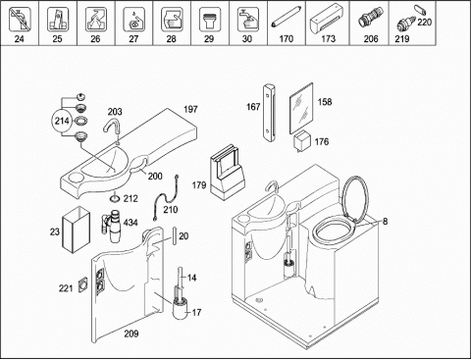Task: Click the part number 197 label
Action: pos(190,109)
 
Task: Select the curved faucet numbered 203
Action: pos(112,129)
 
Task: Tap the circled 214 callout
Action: pos(62,121)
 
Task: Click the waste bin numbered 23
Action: pos(76,230)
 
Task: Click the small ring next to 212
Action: pos(115,198)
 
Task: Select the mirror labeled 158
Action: pos(301,108)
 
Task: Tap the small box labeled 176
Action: pos(301,141)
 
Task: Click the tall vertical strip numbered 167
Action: pos(269,113)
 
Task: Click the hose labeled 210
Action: pos(167,197)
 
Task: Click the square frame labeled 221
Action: pos(83,284)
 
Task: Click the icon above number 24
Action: pos(20,20)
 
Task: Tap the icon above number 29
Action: pos(209,20)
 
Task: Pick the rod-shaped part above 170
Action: pos(287,19)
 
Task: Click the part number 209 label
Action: pos(131,334)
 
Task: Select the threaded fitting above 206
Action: pos(371,19)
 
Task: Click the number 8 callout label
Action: pos(385,222)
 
